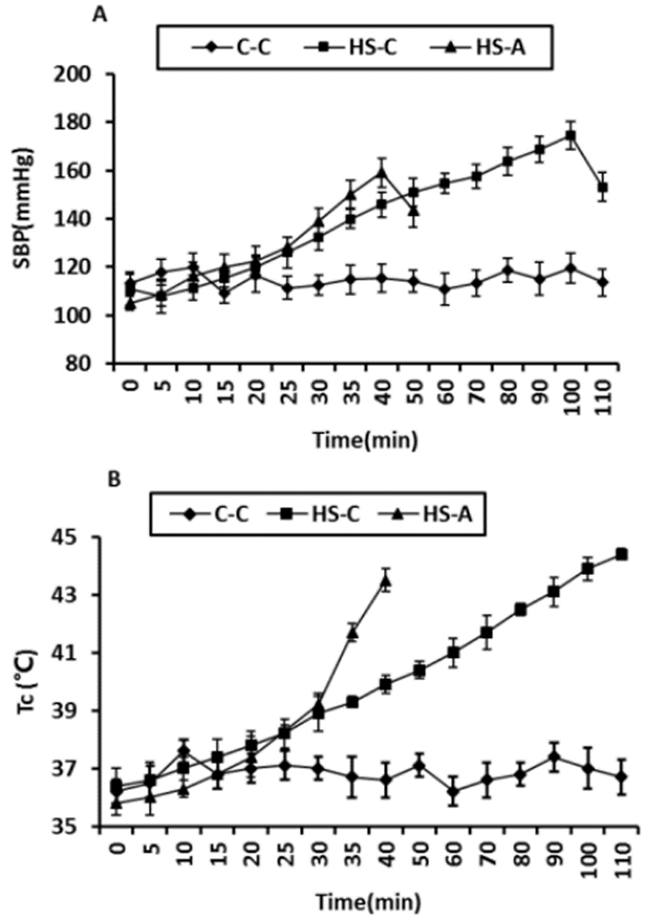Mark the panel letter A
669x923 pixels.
[113, 12]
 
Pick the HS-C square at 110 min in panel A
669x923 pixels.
[602, 188]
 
